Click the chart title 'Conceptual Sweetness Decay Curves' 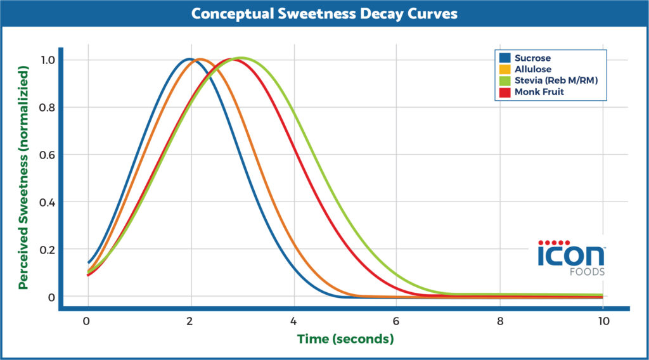pos(324,14)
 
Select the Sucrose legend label pos(532,58)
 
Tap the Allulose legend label pos(533,68)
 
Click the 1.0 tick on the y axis pos(48,60)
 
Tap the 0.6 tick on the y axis pos(48,155)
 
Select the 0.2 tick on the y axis pos(48,249)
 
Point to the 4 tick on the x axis pos(293,321)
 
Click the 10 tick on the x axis pos(603,321)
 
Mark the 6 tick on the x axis pos(396,321)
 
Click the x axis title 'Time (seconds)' pos(346,339)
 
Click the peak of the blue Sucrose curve pos(189,59)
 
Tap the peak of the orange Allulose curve pos(200,59)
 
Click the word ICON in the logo pos(571,257)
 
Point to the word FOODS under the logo pos(587,273)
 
